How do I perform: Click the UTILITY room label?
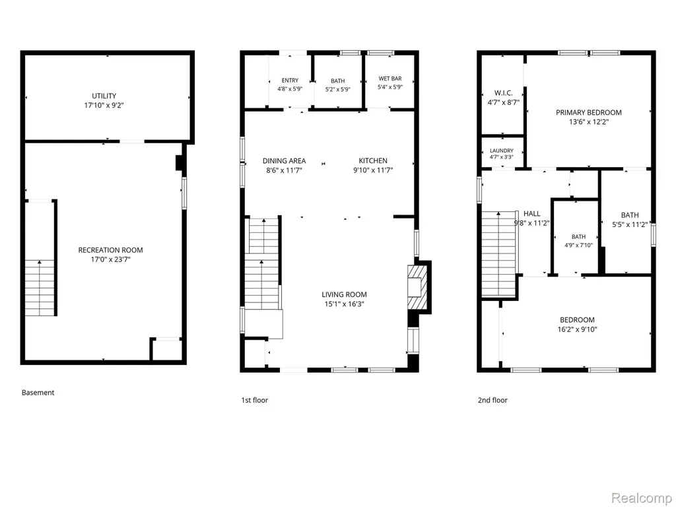(104, 96)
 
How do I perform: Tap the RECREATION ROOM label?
(110, 250)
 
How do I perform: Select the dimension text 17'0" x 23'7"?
(110, 259)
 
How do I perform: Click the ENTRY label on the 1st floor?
(290, 80)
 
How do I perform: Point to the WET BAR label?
(390, 79)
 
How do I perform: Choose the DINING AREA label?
(284, 161)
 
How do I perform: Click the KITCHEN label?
(373, 161)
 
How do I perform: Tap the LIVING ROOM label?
(344, 294)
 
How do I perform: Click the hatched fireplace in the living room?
(418, 287)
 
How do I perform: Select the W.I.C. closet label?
(503, 93)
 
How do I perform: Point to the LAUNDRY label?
(502, 151)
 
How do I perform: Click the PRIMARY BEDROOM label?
(588, 112)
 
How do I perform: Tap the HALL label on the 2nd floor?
(531, 213)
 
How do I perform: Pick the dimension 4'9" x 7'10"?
(578, 246)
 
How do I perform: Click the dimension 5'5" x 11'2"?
(630, 224)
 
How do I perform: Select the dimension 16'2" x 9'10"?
(577, 329)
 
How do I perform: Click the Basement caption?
(38, 392)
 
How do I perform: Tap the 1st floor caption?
(254, 400)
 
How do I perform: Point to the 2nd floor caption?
(492, 400)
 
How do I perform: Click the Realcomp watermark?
(642, 498)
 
